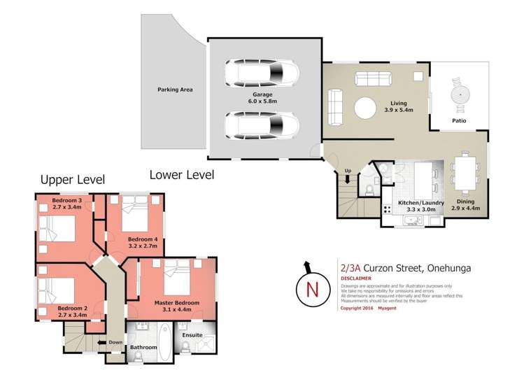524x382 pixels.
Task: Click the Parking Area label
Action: [x=175, y=90]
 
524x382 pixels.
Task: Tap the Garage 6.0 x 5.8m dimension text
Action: [x=262, y=101]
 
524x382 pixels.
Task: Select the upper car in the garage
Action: [x=262, y=73]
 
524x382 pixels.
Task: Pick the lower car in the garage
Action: [x=262, y=125]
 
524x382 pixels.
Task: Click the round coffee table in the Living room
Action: [x=365, y=108]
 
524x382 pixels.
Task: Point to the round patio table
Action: [x=460, y=95]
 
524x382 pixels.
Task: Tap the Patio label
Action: [x=459, y=120]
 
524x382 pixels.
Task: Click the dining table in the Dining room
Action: [x=465, y=173]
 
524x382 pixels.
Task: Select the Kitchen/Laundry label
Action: [x=421, y=203]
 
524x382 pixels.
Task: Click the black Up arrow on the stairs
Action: [x=348, y=179]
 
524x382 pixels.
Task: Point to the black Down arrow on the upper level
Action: [x=101, y=342]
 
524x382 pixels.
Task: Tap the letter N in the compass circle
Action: [x=313, y=290]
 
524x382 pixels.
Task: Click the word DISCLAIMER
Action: [x=356, y=278]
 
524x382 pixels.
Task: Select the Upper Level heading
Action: [x=73, y=180]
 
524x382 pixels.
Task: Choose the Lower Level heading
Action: [x=182, y=175]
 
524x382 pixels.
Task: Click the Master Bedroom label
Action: [x=177, y=303]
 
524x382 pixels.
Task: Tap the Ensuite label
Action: [x=192, y=335]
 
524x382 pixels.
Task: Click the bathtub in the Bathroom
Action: [x=164, y=342]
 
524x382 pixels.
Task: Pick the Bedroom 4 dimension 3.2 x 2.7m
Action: [x=143, y=246]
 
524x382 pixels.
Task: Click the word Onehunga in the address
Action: [x=449, y=268]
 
